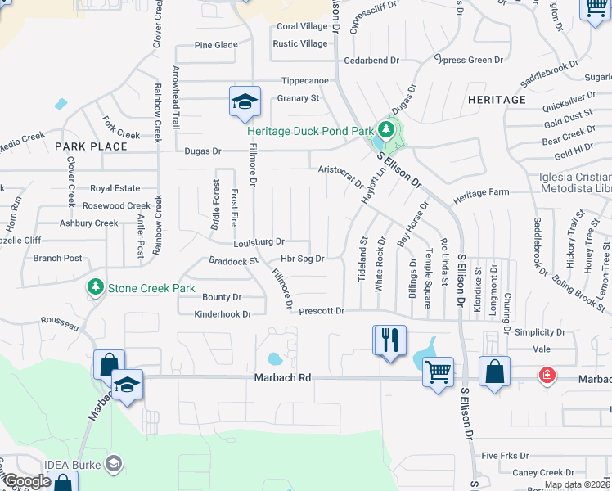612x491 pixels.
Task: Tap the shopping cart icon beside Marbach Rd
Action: [x=438, y=372]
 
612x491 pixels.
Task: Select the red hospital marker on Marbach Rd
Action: [x=546, y=376]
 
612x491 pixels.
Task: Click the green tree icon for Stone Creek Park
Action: [x=96, y=287]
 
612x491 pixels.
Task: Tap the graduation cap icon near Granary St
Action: [x=245, y=101]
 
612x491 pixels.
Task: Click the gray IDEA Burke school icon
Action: [x=115, y=465]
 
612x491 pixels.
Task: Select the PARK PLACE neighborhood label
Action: [x=92, y=146]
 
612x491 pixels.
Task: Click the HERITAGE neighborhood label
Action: [x=497, y=100]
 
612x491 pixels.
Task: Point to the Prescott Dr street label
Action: [x=322, y=311]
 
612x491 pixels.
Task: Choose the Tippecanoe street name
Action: [x=305, y=80]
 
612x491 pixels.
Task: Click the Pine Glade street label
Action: [x=216, y=45]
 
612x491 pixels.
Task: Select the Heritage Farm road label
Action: [x=481, y=191]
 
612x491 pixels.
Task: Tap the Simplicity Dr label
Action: [x=540, y=332]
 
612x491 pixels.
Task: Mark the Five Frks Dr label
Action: [x=506, y=456]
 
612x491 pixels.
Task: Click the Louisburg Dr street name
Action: [x=259, y=242]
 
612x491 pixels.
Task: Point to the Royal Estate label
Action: [x=115, y=188]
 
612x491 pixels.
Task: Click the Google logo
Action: [x=27, y=481]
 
